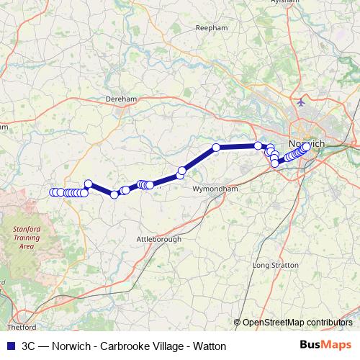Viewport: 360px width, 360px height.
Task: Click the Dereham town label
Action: click(x=121, y=99)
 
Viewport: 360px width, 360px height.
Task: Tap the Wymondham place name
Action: click(x=215, y=189)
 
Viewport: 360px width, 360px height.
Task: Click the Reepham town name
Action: click(x=210, y=28)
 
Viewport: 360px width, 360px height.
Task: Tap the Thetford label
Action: click(x=21, y=315)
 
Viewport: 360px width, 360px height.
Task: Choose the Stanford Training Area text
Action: click(x=27, y=235)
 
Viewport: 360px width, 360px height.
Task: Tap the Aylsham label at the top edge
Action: click(x=306, y=3)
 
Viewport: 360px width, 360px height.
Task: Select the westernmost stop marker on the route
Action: click(x=53, y=192)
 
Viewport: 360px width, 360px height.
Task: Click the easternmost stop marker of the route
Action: click(x=306, y=147)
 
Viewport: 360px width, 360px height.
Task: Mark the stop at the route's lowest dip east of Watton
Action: click(x=114, y=194)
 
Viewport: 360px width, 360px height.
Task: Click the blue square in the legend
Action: click(x=11, y=346)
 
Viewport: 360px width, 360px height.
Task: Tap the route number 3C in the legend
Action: click(x=29, y=346)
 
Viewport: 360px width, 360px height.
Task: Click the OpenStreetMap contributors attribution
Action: click(x=297, y=323)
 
